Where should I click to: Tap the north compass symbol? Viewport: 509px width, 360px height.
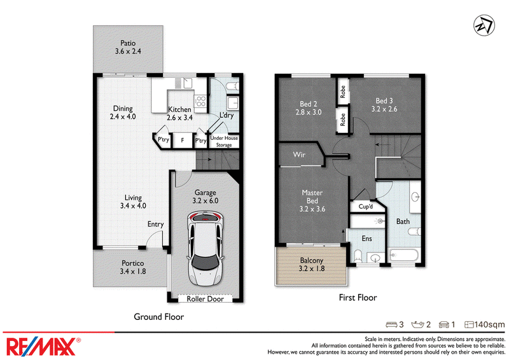pyautogui.click(x=484, y=25)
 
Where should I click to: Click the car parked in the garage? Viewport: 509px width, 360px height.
pyautogui.click(x=205, y=248)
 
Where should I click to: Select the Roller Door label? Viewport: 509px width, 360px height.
pyautogui.click(x=205, y=299)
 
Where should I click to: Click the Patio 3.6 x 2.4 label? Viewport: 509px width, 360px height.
pyautogui.click(x=128, y=47)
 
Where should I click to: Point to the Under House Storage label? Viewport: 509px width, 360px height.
pyautogui.click(x=224, y=142)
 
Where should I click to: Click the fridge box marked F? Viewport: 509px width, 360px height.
pyautogui.click(x=183, y=140)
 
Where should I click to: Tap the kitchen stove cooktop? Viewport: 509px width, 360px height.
pyautogui.click(x=200, y=101)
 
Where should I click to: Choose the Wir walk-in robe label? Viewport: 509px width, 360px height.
pyautogui.click(x=299, y=155)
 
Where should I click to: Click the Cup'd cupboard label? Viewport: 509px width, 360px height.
pyautogui.click(x=365, y=207)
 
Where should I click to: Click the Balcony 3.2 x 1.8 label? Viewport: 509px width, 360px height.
pyautogui.click(x=312, y=265)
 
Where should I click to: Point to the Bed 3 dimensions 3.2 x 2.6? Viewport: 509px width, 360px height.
pyautogui.click(x=384, y=109)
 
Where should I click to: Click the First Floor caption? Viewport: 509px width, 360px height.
pyautogui.click(x=358, y=298)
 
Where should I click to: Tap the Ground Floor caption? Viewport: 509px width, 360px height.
pyautogui.click(x=158, y=317)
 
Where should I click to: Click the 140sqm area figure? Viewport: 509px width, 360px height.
pyautogui.click(x=489, y=324)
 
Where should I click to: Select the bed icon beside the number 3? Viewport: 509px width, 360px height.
pyautogui.click(x=391, y=324)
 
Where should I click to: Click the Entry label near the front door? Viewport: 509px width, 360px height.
pyautogui.click(x=155, y=225)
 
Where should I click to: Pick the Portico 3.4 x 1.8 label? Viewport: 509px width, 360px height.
pyautogui.click(x=133, y=267)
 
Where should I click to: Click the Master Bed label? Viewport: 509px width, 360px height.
pyautogui.click(x=312, y=197)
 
